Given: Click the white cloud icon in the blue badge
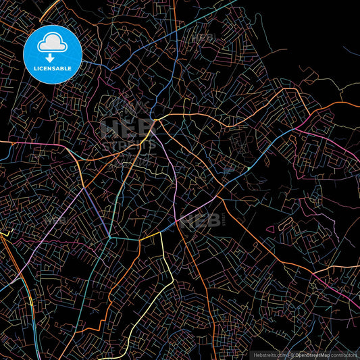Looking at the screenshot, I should (52, 42).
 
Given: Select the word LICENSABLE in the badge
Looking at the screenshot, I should (52, 68).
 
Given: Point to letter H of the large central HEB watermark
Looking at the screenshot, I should (109, 129).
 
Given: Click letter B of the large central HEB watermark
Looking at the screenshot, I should (145, 129).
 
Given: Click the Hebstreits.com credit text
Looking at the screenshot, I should (270, 354).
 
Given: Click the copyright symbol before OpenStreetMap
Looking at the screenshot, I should (292, 354).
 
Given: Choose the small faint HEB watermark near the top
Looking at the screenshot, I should (203, 38).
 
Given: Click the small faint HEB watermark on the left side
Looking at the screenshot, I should (55, 220).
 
